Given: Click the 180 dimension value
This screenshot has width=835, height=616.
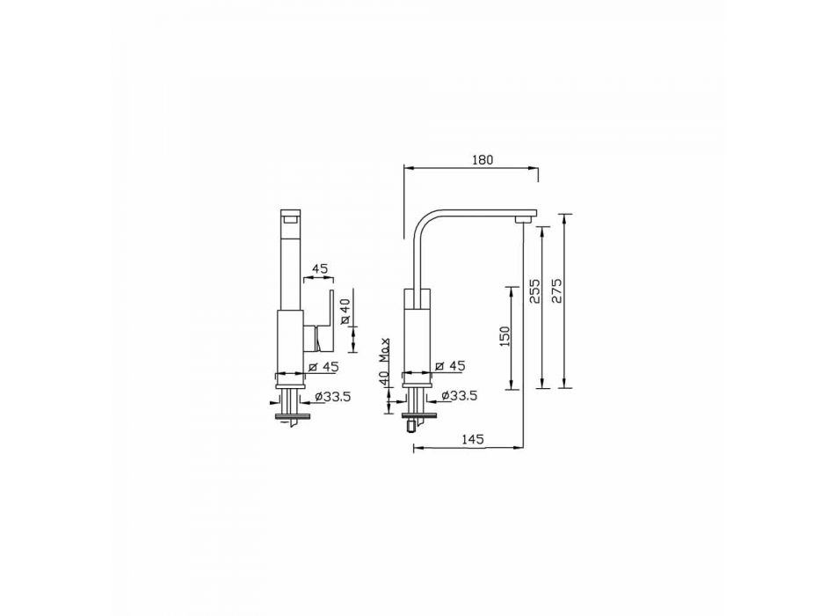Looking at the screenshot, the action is [483, 159].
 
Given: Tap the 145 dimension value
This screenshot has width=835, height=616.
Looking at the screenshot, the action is [472, 439].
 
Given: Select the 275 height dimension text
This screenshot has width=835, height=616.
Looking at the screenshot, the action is [556, 290].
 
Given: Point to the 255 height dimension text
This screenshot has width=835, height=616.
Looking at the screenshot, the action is [534, 291].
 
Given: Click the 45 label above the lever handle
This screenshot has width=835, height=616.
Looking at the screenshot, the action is [320, 268].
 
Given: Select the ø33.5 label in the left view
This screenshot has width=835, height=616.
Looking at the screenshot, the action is [332, 396].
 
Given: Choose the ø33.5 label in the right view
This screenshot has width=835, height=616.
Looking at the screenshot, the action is [459, 395].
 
